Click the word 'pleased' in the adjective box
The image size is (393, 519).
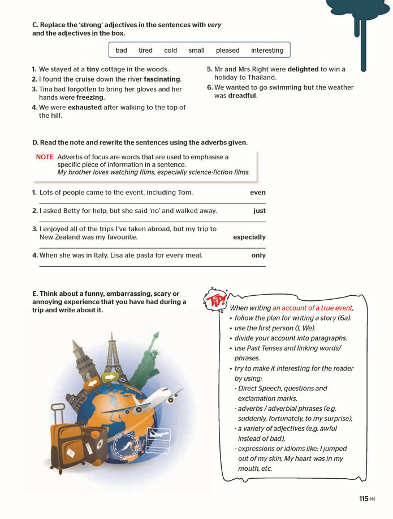coord(227,50)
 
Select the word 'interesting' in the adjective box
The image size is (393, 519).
coord(267,50)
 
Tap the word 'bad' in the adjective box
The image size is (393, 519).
coord(121,50)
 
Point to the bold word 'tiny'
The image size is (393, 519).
coord(93,70)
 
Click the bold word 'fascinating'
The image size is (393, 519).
coord(162,79)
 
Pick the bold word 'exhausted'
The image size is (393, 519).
coord(85,107)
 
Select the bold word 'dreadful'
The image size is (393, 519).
coord(242,96)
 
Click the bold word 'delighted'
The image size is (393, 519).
coord(303,70)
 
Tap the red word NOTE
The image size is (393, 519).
coord(45,157)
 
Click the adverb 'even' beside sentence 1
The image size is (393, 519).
coord(258,193)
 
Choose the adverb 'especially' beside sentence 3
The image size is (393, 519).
coord(249,237)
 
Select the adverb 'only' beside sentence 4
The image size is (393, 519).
coord(258,255)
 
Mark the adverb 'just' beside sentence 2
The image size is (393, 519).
coord(260,211)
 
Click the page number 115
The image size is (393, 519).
coord(364,499)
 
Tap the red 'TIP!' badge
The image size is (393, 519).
coord(215,300)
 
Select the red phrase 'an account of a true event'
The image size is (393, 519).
coord(312,308)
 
